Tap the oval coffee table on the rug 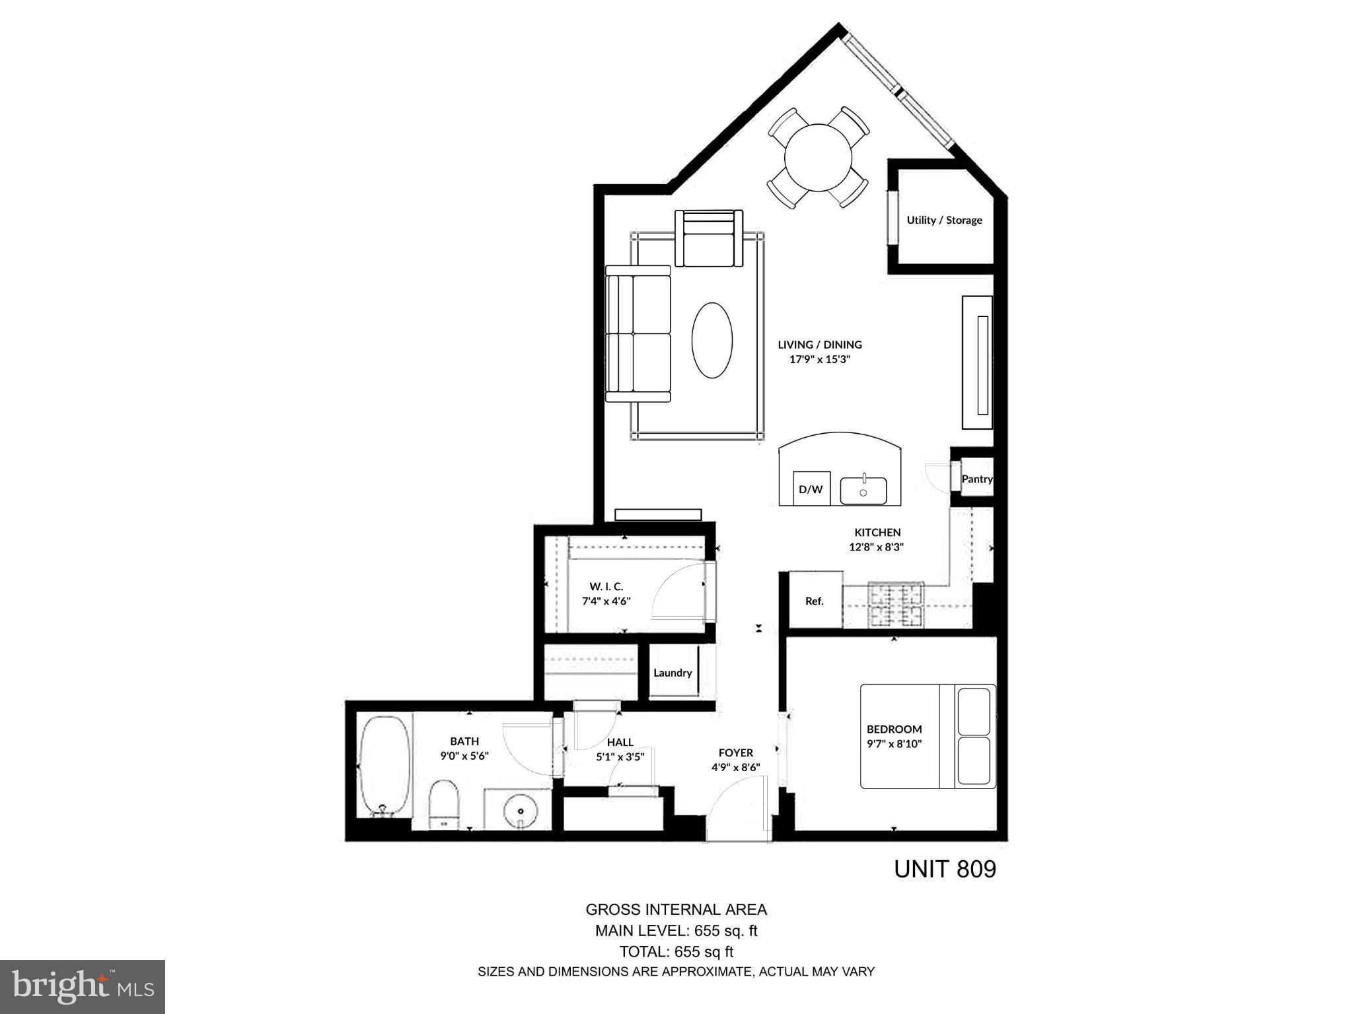tap(712, 340)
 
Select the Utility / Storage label tap(944, 220)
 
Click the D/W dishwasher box tap(811, 489)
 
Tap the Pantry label tap(976, 479)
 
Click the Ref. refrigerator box tap(815, 601)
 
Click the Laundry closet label tap(673, 673)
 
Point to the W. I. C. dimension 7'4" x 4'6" tap(606, 601)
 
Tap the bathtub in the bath tap(384, 766)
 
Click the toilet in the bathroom tap(443, 804)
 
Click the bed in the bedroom tap(928, 736)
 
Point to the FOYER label tap(736, 753)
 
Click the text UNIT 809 tap(945, 869)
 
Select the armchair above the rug tap(709, 238)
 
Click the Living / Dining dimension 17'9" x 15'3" tap(820, 360)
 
